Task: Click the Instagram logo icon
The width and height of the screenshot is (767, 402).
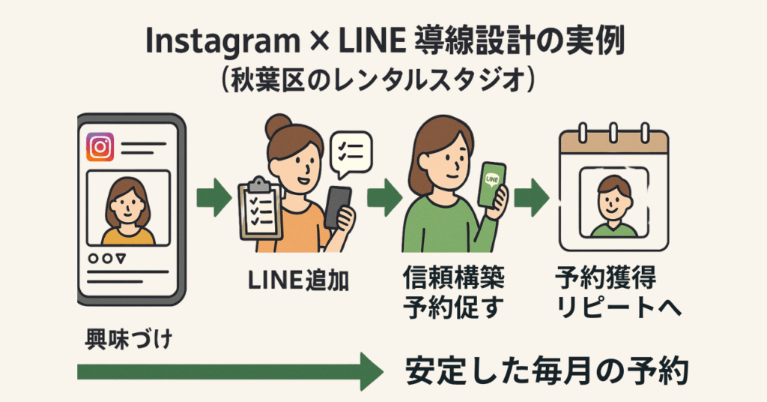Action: [100, 147]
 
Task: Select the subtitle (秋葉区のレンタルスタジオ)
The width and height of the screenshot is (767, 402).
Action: [383, 81]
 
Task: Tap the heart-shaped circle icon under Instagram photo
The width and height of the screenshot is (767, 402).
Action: [93, 257]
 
